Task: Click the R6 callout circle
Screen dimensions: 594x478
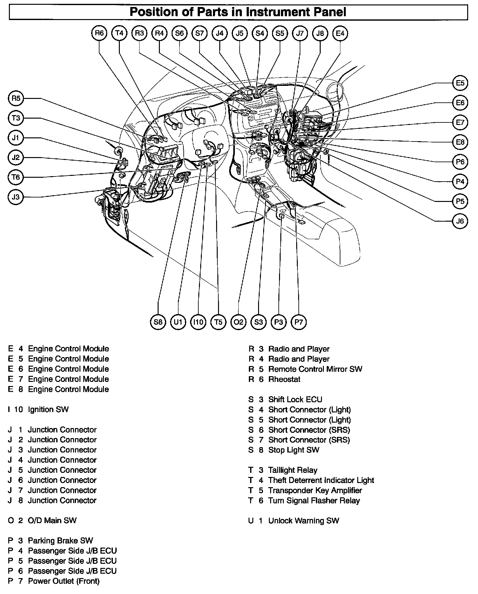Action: pyautogui.click(x=99, y=33)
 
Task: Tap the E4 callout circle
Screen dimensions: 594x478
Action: pyautogui.click(x=340, y=33)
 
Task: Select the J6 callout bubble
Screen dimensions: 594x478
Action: pyautogui.click(x=460, y=221)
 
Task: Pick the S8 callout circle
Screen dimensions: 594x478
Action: pyautogui.click(x=158, y=322)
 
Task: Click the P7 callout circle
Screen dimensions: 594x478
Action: pyautogui.click(x=298, y=322)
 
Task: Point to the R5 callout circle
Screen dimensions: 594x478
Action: pyautogui.click(x=16, y=99)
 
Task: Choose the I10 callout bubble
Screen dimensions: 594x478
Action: pyautogui.click(x=198, y=322)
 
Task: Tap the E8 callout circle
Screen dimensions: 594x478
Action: pyautogui.click(x=460, y=142)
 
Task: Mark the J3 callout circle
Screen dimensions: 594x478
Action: pyautogui.click(x=16, y=197)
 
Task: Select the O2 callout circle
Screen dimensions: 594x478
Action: pyautogui.click(x=238, y=322)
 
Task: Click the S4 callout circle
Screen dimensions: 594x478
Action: pyautogui.click(x=260, y=33)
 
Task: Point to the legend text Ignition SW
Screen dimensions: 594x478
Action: pyautogui.click(x=48, y=409)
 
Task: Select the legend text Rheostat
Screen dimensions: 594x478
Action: pyautogui.click(x=284, y=379)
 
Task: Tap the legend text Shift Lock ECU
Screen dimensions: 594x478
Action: pyautogui.click(x=295, y=399)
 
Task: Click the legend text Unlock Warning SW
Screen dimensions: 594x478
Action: pyautogui.click(x=304, y=521)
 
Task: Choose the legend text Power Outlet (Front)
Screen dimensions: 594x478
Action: pyautogui.click(x=64, y=581)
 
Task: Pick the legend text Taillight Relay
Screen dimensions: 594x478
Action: pyautogui.click(x=293, y=470)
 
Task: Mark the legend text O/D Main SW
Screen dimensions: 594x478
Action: pyautogui.click(x=52, y=520)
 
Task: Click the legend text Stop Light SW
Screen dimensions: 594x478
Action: pyautogui.click(x=294, y=450)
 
